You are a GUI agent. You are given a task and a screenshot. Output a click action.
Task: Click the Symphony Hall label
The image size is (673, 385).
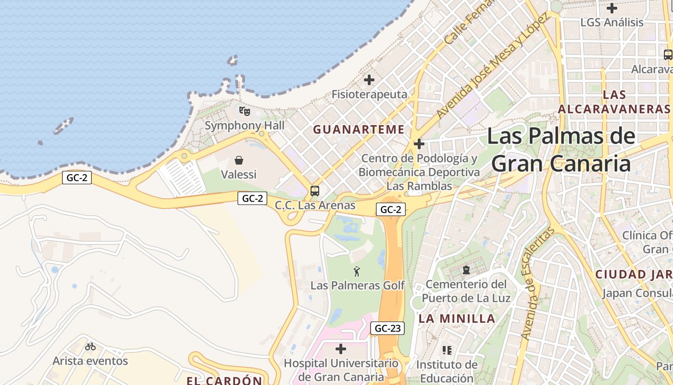point(245,126)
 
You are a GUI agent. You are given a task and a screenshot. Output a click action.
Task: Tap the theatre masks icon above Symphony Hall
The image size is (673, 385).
point(245,112)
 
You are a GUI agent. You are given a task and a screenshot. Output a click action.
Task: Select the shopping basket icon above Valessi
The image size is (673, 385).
point(239,160)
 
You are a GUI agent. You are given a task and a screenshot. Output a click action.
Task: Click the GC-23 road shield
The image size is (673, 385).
point(387,329)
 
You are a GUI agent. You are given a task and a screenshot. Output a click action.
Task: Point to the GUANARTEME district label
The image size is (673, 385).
point(359,129)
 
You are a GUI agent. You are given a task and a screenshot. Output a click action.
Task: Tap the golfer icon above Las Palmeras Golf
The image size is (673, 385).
point(357,271)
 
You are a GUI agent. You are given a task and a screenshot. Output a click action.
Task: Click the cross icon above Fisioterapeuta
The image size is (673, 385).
point(369,80)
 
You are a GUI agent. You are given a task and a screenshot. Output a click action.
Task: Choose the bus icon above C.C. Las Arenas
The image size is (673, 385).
point(315,191)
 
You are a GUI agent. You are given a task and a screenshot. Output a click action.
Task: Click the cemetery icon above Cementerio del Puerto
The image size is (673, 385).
point(466,270)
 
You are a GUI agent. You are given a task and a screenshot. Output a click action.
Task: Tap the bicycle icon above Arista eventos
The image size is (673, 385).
point(90,346)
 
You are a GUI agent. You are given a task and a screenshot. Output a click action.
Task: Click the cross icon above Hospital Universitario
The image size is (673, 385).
point(341,349)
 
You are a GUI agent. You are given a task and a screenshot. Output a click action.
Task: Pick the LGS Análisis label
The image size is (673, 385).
point(611,23)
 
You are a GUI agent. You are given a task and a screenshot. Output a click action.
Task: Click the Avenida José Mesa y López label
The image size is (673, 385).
point(492,66)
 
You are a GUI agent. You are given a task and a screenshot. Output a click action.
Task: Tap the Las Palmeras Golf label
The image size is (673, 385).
point(358,285)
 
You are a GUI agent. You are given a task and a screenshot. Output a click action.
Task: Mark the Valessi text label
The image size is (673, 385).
point(239,174)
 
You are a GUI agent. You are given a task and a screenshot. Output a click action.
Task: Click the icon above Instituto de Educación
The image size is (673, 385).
point(447,350)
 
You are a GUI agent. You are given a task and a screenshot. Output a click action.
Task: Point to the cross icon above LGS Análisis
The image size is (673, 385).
point(611,8)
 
